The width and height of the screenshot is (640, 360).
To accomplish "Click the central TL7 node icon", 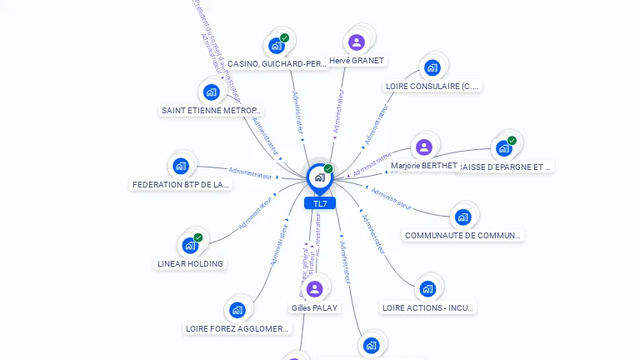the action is pos(319,177).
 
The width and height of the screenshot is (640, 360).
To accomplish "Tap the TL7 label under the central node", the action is pos(320,203).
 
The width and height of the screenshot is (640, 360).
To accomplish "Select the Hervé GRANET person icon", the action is pos(357,42).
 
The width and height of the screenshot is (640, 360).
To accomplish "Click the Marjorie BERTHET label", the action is pos(424,166).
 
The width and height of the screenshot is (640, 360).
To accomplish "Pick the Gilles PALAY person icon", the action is pos(314,289).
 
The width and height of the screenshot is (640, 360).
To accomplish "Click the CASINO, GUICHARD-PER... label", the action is pos(277,63).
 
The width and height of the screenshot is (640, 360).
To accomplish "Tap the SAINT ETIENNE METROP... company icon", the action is pos(211,92).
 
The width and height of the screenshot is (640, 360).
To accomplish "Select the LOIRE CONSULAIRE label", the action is pos(432,86).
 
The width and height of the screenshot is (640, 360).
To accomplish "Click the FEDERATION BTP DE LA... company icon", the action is pos(181,166).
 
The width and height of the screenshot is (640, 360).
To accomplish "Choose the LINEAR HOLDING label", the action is pos(190,263).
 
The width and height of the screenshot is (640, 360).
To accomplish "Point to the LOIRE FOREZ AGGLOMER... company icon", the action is pos(237,310).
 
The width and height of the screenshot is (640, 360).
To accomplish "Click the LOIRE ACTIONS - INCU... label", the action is pos(427,307).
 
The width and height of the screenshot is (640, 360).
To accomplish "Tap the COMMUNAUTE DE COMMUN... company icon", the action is pos(462,217).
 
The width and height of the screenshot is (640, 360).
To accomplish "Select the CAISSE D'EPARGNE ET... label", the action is pos(506,167).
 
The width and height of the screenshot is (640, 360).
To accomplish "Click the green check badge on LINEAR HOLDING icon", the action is pos(198,237).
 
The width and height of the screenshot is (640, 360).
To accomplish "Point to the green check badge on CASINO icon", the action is pos(284,37).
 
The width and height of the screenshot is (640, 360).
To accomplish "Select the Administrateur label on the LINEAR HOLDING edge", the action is pos(256,213).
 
